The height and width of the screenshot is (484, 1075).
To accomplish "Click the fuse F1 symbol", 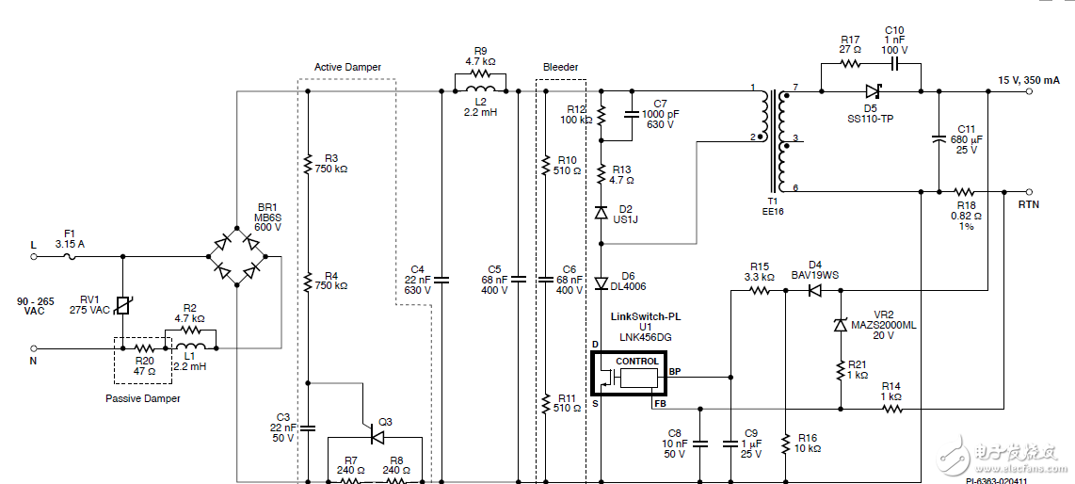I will pyautogui.click(x=70, y=254).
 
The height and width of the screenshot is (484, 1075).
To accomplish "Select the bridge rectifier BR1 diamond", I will pyautogui.click(x=237, y=254).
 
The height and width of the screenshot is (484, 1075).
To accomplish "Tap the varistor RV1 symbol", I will pyautogui.click(x=122, y=305).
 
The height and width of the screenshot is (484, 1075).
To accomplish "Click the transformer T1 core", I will pyautogui.click(x=779, y=141).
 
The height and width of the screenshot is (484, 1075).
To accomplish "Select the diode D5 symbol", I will pyautogui.click(x=873, y=91).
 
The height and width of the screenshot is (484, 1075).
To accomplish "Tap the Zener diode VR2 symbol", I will pyautogui.click(x=840, y=325).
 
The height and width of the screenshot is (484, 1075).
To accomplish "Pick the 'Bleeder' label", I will pyautogui.click(x=560, y=68).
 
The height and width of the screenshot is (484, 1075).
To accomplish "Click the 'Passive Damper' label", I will pyautogui.click(x=142, y=398).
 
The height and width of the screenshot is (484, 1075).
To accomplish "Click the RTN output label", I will pyautogui.click(x=1029, y=203).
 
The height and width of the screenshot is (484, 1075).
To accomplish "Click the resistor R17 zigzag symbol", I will pyautogui.click(x=850, y=64).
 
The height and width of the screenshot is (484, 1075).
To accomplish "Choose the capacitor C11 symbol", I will pyautogui.click(x=939, y=139).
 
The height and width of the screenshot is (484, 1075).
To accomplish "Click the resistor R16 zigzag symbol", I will pyautogui.click(x=785, y=443).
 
